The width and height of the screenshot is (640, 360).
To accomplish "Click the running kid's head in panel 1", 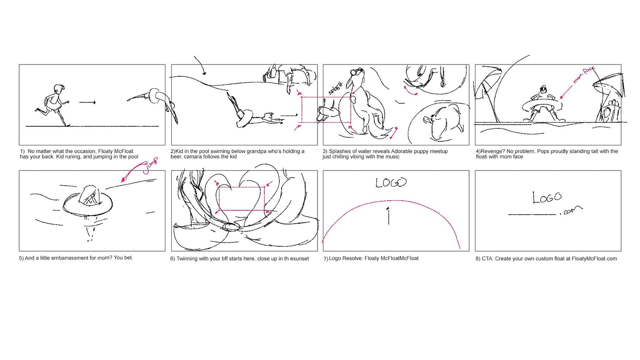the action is coord(59,89).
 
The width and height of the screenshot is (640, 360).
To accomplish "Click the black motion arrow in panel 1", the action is coord(87,102).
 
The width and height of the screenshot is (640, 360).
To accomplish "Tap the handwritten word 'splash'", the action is coord(336,88).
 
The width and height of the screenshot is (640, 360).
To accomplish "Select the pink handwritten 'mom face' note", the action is coord(584,75).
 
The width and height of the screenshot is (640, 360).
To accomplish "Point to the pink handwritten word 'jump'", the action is coord(150,166).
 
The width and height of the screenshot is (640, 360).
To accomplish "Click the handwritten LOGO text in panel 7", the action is coord(391,182).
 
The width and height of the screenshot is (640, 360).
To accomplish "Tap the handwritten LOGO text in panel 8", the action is coord(547,197).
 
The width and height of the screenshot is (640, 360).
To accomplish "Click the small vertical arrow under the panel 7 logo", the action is coord(388,215).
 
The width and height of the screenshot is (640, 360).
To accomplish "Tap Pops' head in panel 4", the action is coord(543,90).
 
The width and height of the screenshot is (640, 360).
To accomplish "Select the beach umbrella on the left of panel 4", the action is coord(487,94).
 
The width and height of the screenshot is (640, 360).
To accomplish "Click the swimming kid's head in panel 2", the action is coord(268,117).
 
